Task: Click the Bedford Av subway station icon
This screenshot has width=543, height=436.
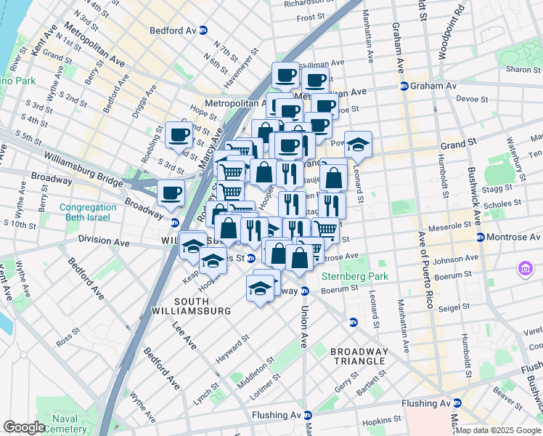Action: point(203,31)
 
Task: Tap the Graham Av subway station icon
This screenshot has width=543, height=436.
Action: point(404,86)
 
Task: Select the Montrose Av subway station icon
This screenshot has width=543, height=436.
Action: point(480,238)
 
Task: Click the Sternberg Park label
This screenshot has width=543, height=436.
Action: point(356,276)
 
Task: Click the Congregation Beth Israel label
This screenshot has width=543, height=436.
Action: point(88,211)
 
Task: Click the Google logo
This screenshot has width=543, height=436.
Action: point(25,427)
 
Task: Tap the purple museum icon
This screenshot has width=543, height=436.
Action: point(525,270)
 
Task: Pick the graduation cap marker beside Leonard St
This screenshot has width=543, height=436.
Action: point(357,145)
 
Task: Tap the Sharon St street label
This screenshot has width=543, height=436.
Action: point(519,70)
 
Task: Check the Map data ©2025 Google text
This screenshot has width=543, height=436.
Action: point(498,430)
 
